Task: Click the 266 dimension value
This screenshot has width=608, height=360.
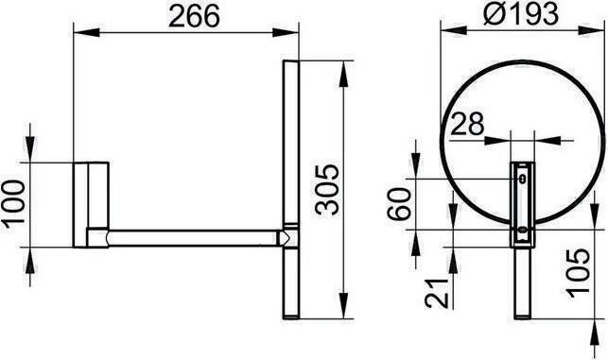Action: (194, 16)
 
